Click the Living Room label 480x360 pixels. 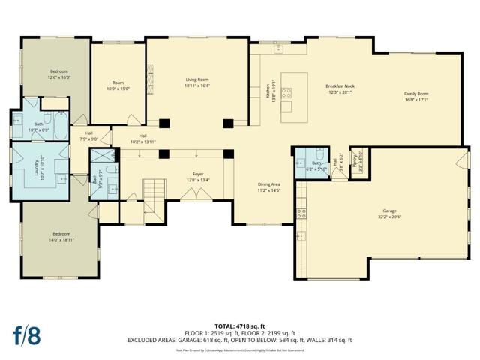coord(197,82)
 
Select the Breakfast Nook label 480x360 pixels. coord(340,89)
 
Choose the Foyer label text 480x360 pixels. coord(198,177)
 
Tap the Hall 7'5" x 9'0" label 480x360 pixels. coord(88,136)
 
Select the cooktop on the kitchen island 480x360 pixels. coord(287,94)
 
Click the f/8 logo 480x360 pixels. coord(28,334)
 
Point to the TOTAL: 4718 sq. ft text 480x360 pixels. coord(239,325)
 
